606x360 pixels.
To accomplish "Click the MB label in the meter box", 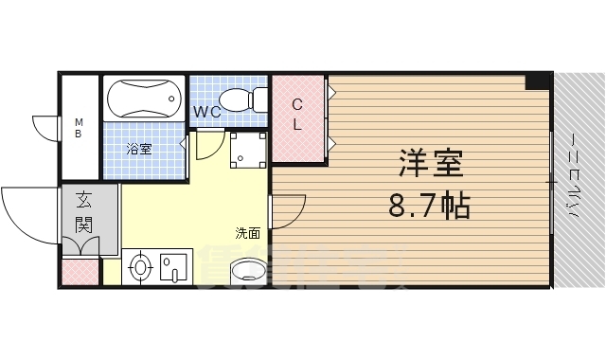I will [80, 127].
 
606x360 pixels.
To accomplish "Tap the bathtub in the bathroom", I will [143, 98].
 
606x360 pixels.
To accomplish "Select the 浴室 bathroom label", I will [139, 149].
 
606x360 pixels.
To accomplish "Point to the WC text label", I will [207, 112].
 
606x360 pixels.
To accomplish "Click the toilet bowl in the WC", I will [241, 99].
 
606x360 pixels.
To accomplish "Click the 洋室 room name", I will [430, 165].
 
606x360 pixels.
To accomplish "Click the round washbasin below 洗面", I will [250, 271].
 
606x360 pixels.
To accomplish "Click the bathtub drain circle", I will [170, 97].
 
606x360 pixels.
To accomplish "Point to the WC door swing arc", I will [205, 150].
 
